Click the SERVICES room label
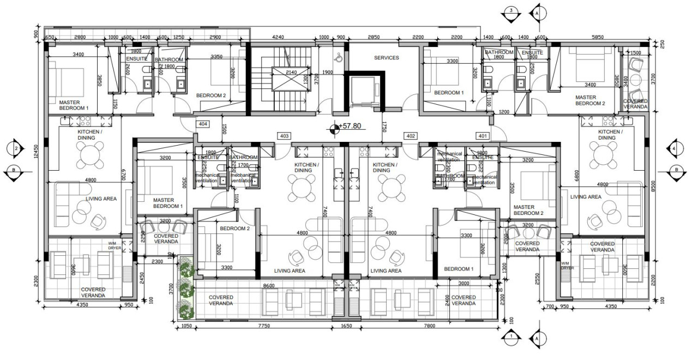pos(386,57)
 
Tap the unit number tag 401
pos(483,136)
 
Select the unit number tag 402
pos(410,136)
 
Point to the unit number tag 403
pos(284,136)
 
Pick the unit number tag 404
pos(203,124)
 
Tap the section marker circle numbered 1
pos(511,337)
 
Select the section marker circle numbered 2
pos(16,148)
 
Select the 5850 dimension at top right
pos(598,38)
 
